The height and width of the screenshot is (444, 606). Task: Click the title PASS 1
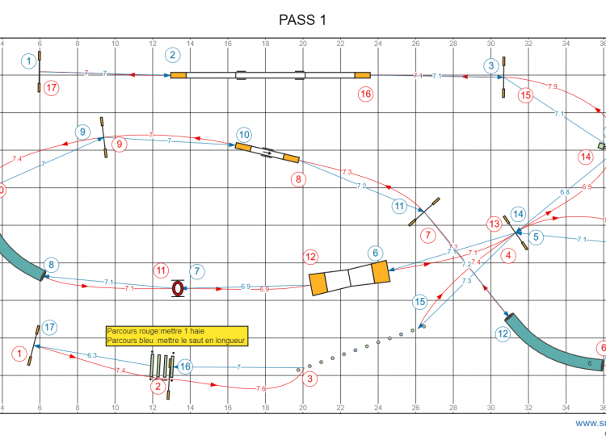[x=303, y=20]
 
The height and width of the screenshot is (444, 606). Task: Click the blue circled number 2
[x=172, y=56]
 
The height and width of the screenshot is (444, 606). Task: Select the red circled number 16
[x=366, y=94]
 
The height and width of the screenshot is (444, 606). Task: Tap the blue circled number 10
[x=244, y=135]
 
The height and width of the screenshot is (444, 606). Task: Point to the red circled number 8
[x=299, y=179]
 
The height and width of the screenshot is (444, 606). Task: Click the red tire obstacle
[x=178, y=288]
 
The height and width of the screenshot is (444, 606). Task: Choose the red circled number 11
[x=162, y=270]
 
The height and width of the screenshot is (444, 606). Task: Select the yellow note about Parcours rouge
[x=176, y=336]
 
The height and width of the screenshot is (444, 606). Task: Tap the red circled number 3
[x=309, y=377]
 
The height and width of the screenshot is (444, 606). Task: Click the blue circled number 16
[x=186, y=367]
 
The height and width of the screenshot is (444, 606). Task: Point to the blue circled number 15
[x=419, y=302]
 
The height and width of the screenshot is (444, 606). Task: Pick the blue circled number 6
[x=375, y=253]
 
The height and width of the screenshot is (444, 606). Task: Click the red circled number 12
[x=311, y=258]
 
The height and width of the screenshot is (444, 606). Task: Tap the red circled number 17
[x=51, y=87]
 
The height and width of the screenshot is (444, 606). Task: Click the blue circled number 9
[x=82, y=132]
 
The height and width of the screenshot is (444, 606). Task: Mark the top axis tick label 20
[x=303, y=44]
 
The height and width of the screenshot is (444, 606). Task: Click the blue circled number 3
[x=491, y=65]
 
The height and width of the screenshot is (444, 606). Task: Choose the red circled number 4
[x=508, y=258]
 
